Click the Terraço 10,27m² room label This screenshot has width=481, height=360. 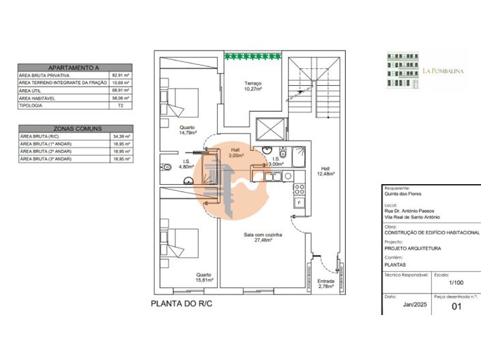coord(254,85)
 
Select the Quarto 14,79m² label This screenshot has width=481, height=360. coord(187,130)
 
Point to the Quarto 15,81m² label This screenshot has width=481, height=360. coord(205,277)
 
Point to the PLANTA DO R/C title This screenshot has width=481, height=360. coord(181,305)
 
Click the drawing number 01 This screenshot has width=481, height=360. coord(457,307)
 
